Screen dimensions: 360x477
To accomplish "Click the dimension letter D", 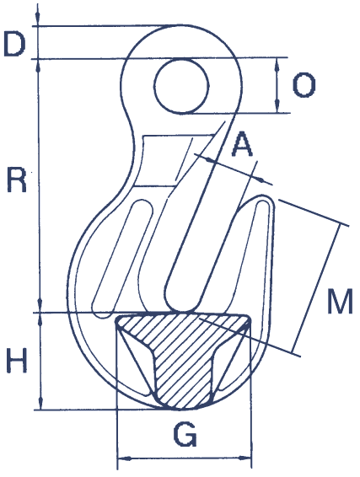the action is point(14,44).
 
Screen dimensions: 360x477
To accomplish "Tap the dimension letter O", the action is point(304,85).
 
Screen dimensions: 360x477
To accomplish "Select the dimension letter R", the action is point(17,180).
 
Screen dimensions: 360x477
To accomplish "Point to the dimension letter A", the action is point(243,144).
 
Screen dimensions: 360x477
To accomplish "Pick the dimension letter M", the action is point(340,301).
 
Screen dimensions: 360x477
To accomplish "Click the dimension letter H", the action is point(17,360).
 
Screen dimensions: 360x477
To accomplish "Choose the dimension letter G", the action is point(185,434).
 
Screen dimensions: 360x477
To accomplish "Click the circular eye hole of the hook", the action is point(181,86).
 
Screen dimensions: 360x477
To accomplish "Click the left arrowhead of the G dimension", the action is point(123,458).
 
